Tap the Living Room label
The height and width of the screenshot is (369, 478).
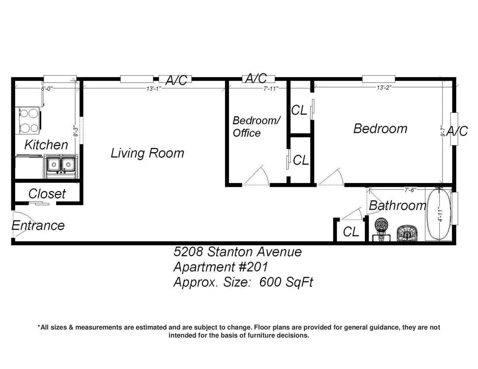(x=147, y=153)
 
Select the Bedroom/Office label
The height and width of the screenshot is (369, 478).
(x=256, y=127)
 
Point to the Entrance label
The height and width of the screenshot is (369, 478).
(x=38, y=225)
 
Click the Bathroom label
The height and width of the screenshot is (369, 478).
(x=398, y=205)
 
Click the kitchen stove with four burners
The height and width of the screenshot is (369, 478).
(x=29, y=120)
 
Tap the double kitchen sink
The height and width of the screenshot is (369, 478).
(x=61, y=166)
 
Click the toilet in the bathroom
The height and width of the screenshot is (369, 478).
(x=382, y=229)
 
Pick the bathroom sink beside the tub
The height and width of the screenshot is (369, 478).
(x=407, y=233)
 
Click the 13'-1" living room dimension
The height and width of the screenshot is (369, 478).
(x=154, y=88)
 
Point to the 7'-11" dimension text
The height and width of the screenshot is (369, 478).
(x=271, y=88)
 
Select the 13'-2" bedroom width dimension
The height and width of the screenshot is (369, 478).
(x=384, y=88)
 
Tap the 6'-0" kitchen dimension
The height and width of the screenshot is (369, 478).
(x=47, y=88)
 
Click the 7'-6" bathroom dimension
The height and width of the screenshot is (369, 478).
(x=410, y=190)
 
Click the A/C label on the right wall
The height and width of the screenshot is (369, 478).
(x=457, y=131)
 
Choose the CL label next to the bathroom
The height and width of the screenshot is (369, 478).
(x=351, y=232)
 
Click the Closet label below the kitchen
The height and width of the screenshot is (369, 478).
(x=47, y=194)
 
